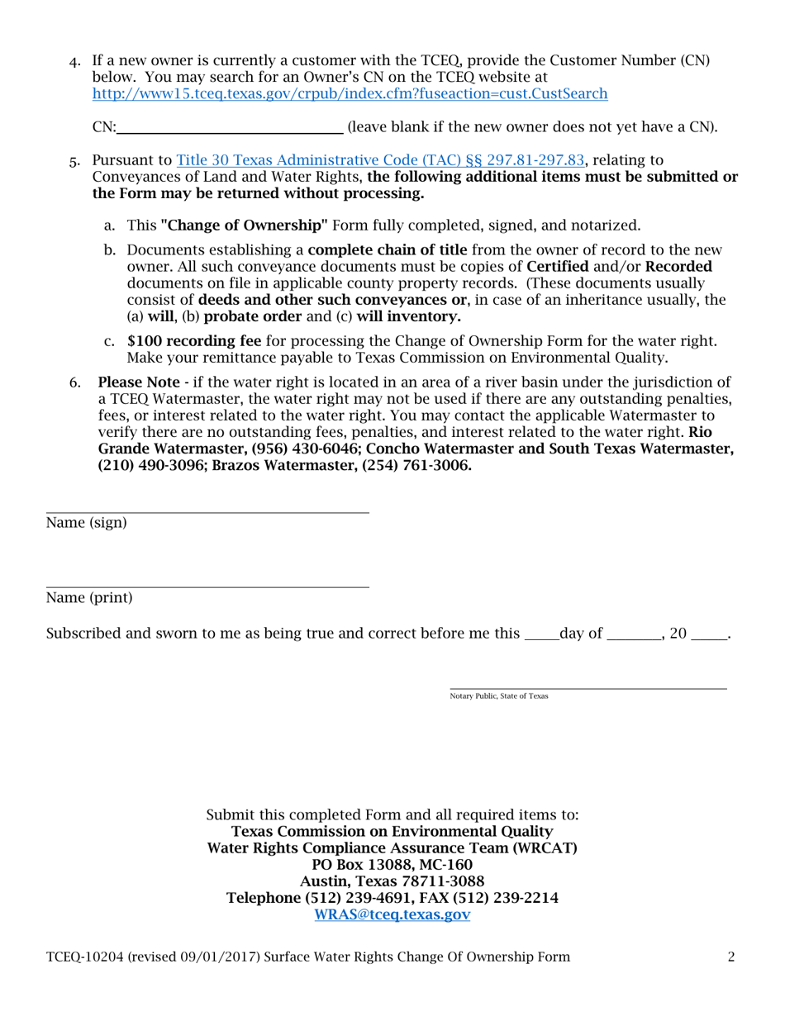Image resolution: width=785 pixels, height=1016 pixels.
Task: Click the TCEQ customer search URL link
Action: coord(350,93)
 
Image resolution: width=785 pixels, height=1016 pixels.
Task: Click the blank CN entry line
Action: coord(231,129)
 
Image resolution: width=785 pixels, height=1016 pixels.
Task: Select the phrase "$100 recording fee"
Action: coord(194,341)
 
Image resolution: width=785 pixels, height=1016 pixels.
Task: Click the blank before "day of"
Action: coord(541,634)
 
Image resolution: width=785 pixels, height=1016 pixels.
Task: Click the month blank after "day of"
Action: coord(634,634)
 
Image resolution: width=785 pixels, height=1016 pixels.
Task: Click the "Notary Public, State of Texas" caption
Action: coord(498,696)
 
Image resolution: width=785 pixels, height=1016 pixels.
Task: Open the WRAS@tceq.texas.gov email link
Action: coord(392,914)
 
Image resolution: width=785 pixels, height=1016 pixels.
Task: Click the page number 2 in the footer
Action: coord(731,957)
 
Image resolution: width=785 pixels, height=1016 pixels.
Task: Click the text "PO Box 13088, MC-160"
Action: coord(392,865)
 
